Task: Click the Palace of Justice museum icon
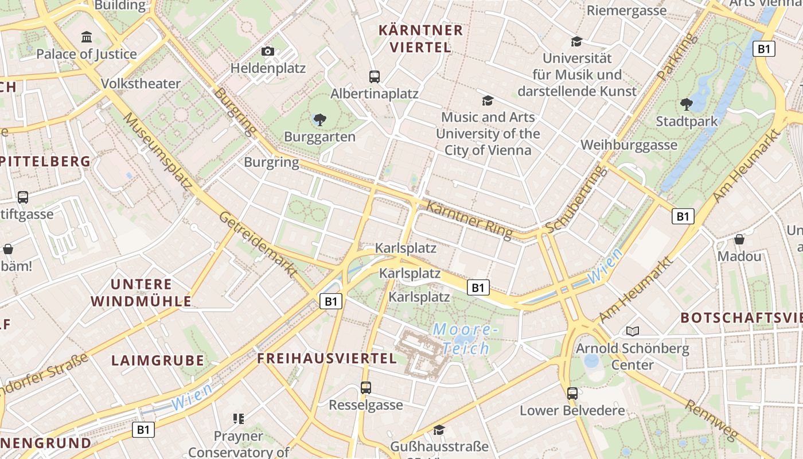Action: click(87, 38)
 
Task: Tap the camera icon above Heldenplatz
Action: click(267, 52)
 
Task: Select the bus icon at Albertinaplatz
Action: click(375, 76)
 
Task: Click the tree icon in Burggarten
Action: click(320, 120)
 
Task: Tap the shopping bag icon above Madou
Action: click(739, 239)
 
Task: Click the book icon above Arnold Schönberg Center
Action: click(633, 331)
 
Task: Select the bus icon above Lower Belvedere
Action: click(572, 394)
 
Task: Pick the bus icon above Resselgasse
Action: click(366, 388)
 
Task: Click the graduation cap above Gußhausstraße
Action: click(439, 430)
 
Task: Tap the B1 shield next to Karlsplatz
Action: click(478, 287)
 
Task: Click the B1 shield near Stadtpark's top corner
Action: click(763, 49)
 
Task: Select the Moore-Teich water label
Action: click(462, 339)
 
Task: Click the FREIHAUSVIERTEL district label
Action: click(327, 359)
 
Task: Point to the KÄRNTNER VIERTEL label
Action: click(421, 38)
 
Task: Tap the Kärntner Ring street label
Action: click(469, 220)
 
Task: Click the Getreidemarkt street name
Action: click(258, 243)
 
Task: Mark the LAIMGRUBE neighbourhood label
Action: click(158, 360)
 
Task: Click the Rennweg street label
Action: click(711, 421)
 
